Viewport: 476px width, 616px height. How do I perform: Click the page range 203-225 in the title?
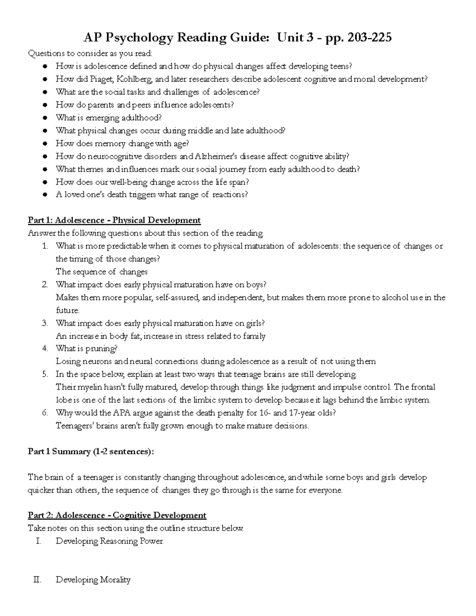pos(369,38)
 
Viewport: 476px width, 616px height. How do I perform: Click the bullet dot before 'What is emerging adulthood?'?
pos(46,118)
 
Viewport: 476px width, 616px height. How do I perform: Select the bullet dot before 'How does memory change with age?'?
pos(46,144)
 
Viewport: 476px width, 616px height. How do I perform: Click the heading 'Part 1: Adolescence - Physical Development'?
pos(114,220)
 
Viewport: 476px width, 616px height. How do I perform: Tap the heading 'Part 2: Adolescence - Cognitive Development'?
pos(117,515)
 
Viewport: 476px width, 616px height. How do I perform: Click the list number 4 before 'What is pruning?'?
pos(45,349)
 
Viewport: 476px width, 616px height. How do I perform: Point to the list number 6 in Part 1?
pos(45,413)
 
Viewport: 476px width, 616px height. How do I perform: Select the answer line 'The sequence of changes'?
pos(102,272)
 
